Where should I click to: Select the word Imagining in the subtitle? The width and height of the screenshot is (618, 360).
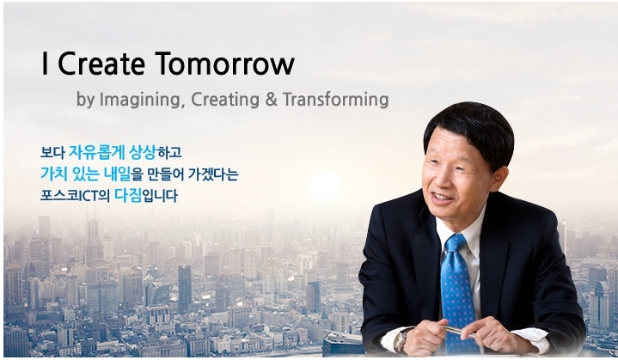[139, 100]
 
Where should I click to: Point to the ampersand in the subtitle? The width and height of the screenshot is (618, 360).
[270, 100]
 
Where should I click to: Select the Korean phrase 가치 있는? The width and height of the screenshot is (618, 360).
[71, 174]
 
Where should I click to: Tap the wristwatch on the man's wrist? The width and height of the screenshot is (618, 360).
[401, 339]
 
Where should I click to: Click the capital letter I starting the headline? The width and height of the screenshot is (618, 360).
[45, 64]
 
